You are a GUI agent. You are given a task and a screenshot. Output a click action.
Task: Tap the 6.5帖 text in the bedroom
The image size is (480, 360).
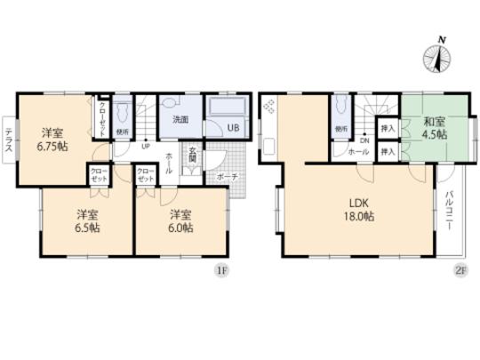86,228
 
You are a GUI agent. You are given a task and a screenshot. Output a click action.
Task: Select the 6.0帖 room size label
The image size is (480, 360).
180,228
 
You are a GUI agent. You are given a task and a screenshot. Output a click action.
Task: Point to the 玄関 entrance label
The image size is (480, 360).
192,161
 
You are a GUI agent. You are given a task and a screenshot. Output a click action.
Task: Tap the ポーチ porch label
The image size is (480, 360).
227,177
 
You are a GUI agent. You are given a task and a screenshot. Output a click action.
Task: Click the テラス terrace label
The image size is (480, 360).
8,140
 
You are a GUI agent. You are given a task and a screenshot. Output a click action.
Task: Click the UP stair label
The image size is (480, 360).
145,148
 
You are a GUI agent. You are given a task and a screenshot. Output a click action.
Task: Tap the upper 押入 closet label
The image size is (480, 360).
388,130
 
